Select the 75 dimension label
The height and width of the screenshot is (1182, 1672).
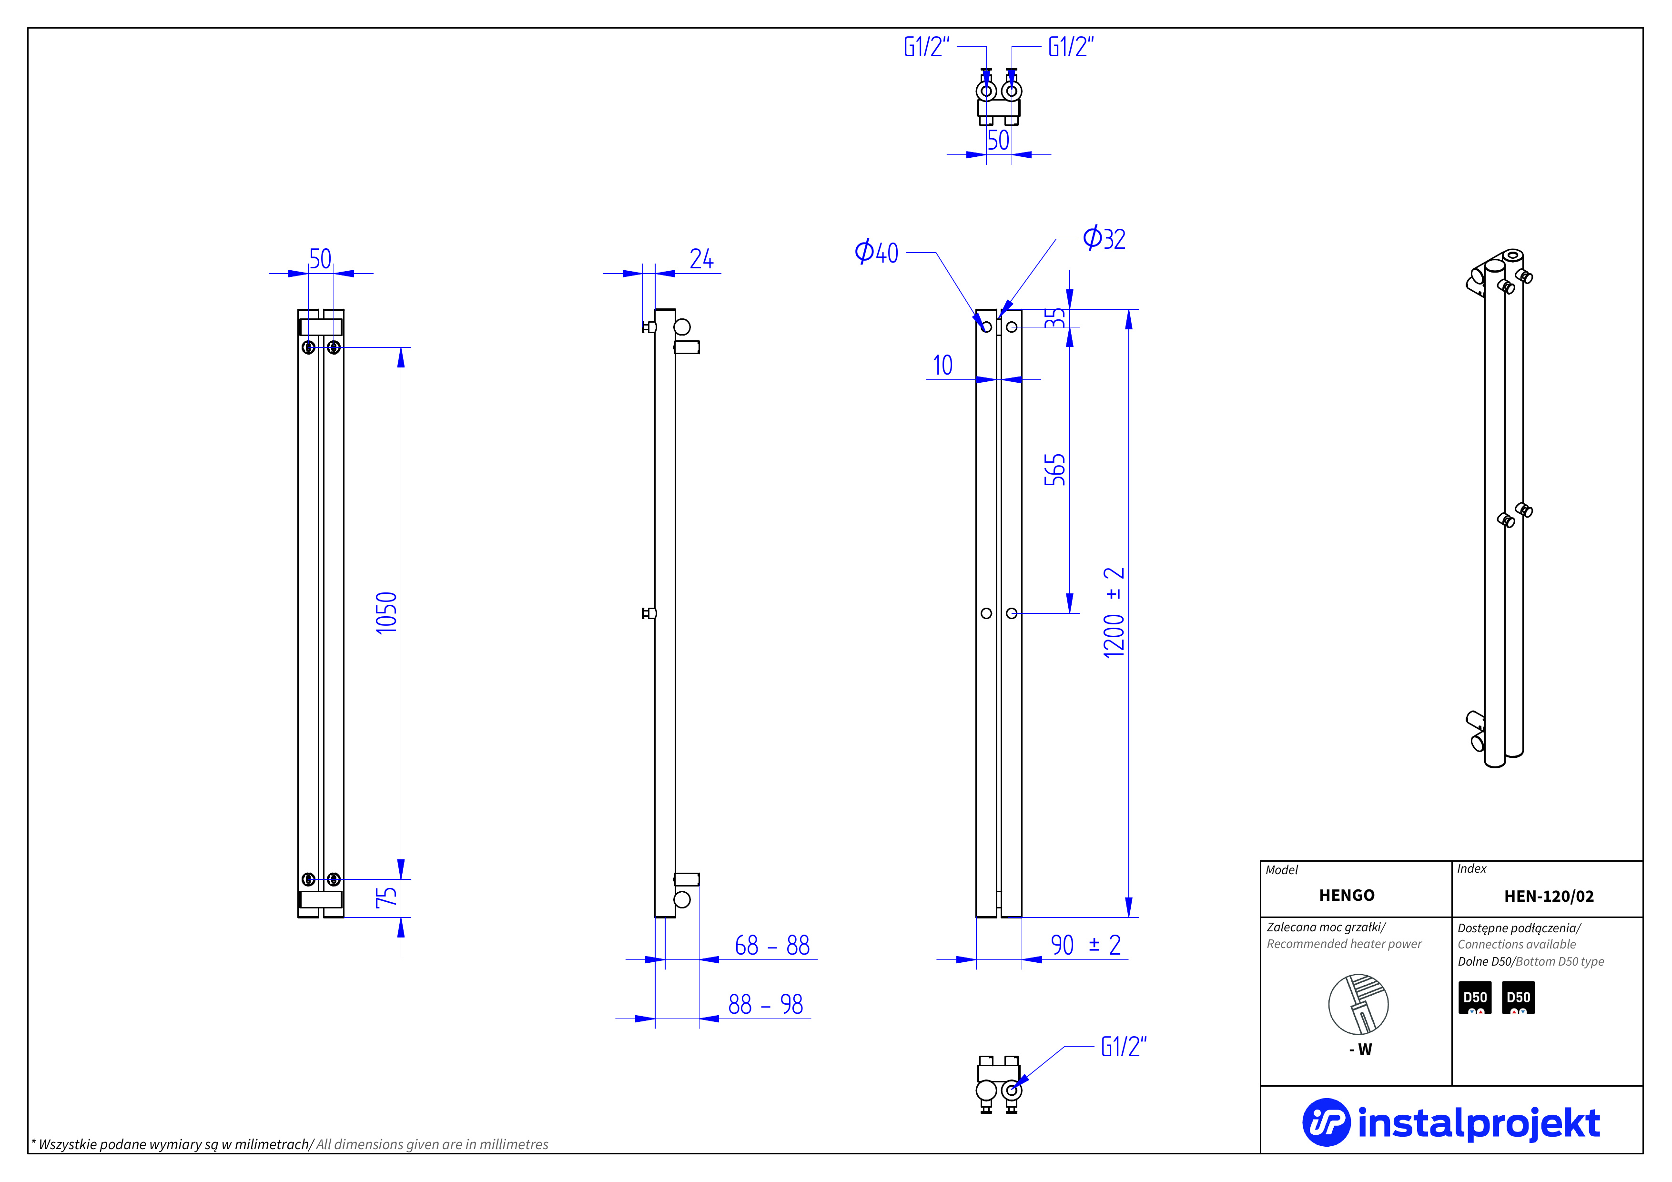[386, 897]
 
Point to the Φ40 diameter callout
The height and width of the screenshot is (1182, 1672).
[877, 252]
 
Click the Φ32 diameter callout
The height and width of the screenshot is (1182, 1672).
[1104, 238]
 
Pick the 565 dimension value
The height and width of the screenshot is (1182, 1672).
[1054, 470]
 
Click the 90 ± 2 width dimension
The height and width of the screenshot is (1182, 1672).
[1085, 945]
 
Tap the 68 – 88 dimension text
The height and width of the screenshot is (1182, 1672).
[772, 945]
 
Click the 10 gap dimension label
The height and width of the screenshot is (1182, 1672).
[942, 365]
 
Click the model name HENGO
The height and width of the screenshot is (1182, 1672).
[1347, 895]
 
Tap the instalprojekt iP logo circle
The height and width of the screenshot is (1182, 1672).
[1326, 1122]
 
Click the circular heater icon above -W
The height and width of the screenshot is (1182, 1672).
[1358, 1004]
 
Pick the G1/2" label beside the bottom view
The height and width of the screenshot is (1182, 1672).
[1123, 1047]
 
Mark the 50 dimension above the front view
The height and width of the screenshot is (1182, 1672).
[320, 258]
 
